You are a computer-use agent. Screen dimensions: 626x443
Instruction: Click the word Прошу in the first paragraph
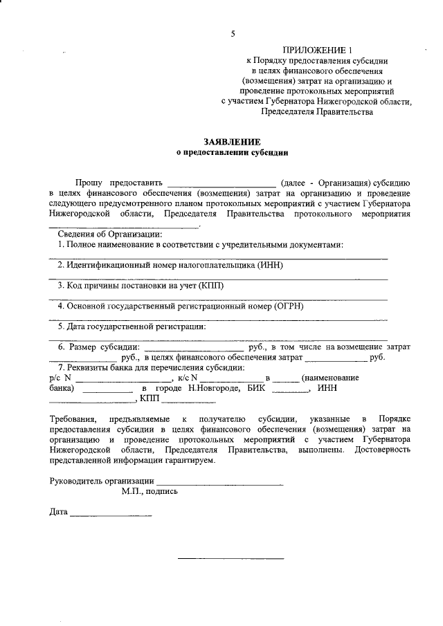click(90, 182)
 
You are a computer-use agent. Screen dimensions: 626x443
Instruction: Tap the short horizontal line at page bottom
click(230, 558)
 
